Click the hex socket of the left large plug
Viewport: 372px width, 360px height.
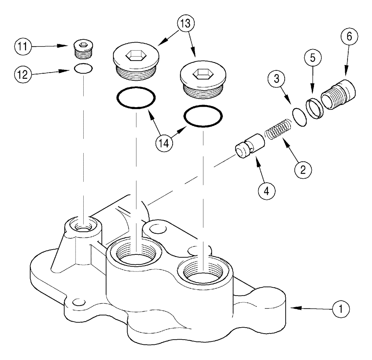(135, 56)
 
